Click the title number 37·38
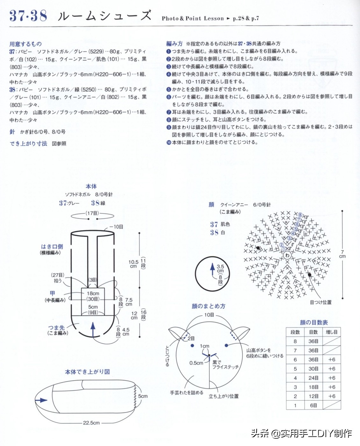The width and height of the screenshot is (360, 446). point(28,16)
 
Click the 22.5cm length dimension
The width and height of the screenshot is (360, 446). point(91,423)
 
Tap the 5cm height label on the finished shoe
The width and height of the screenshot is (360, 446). point(143,396)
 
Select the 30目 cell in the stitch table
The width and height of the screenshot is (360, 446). point(313,369)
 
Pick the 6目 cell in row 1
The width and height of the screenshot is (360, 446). point(313,405)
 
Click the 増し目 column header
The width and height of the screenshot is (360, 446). point(331,332)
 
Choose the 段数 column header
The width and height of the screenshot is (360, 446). point(295,332)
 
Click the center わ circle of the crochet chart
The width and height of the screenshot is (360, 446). point(287,255)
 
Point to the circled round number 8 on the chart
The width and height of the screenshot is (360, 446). point(300,215)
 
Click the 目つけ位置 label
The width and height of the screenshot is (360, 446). point(321,302)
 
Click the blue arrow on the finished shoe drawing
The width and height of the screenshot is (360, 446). point(41,400)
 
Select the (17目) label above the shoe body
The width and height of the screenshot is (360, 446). point(92,213)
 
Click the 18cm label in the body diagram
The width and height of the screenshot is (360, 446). point(93,293)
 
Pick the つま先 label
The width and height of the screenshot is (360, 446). point(56,327)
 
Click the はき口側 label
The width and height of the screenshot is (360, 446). point(52,247)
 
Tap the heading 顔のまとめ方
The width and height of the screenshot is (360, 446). point(208,306)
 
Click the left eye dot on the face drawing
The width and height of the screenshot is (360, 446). point(192,346)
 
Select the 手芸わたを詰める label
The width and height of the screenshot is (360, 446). point(187,393)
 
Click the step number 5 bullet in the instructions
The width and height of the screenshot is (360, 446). point(169,89)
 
